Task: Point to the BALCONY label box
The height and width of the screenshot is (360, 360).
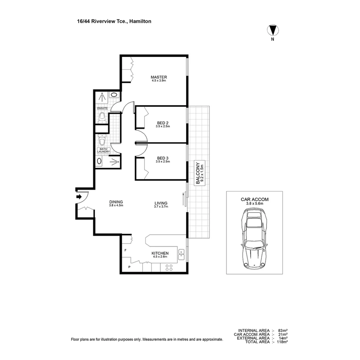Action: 199,173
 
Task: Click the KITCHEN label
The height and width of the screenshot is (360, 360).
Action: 160,253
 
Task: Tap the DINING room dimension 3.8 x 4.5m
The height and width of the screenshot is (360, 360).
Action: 116,206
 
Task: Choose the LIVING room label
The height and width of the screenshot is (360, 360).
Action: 161,203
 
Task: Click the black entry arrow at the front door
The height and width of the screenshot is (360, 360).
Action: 79,197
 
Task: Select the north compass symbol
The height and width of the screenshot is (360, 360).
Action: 273,31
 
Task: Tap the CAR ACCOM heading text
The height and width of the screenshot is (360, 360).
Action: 255,199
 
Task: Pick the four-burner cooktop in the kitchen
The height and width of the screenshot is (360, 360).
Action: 169,267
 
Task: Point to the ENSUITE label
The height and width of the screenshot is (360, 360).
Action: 102,108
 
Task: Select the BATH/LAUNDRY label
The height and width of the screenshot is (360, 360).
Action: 103,150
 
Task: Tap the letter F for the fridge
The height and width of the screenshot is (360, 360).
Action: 125,250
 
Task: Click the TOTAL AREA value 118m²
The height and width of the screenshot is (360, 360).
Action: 282,342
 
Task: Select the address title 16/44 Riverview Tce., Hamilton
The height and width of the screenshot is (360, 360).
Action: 114,21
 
